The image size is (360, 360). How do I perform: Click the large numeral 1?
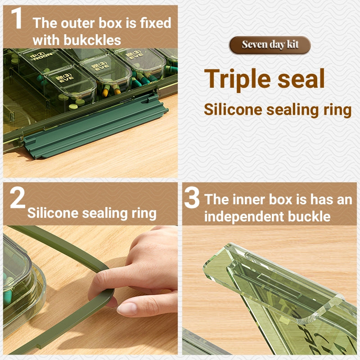pos(16,18)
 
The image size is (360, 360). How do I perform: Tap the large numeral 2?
pos(18,197)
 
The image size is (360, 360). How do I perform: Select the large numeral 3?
pos(192,197)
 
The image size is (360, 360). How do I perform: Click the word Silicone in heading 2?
pos(53,213)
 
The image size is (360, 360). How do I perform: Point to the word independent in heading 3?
pos(244,217)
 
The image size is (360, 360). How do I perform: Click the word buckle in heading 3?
pos(309,216)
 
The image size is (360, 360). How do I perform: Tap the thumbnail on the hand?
pos(126,309)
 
